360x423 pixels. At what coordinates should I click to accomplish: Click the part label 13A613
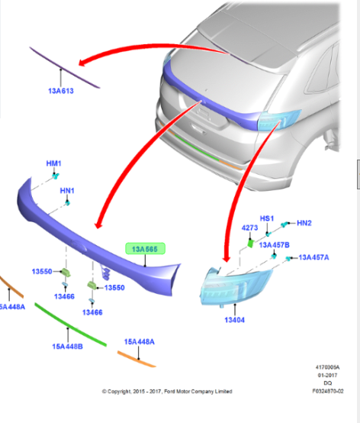[61, 91]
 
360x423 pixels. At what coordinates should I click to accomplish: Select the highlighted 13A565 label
[145, 249]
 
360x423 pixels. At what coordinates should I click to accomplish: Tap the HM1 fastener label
[54, 163]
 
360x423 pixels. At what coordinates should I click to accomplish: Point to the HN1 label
[67, 191]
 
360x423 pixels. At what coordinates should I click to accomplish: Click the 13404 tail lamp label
[235, 320]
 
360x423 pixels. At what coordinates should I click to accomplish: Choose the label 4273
[249, 228]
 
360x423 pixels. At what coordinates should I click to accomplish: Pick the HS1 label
[267, 218]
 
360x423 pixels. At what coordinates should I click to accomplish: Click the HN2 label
[304, 223]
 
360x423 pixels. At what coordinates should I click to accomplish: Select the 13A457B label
[275, 245]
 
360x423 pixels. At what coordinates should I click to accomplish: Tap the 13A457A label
[314, 257]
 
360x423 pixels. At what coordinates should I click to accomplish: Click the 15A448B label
[67, 347]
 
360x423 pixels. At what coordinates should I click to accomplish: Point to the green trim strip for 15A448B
[71, 325]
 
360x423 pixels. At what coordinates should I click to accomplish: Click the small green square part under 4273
[251, 244]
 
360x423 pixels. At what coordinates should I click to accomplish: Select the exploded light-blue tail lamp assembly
[236, 286]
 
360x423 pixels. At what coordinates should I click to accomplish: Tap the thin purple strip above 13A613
[65, 67]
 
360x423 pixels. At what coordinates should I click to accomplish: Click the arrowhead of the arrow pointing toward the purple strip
[83, 63]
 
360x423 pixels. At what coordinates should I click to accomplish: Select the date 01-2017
[327, 375]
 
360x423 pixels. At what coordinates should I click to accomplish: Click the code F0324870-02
[328, 391]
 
